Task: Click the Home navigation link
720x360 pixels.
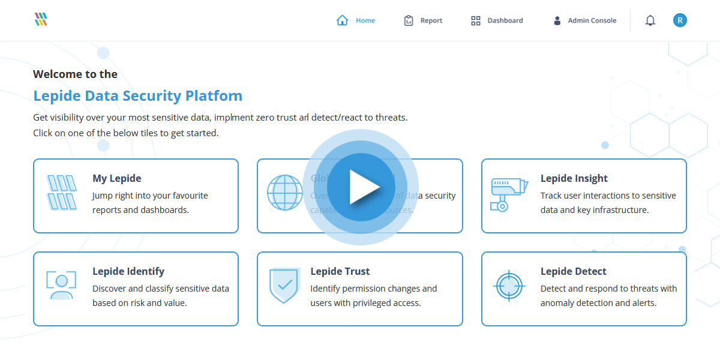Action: [365, 20]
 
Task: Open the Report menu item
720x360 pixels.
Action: [431, 20]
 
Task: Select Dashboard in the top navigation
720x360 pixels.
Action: [505, 20]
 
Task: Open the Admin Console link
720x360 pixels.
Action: [592, 20]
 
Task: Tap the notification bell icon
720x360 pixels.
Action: [650, 20]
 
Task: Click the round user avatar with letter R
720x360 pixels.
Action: [680, 20]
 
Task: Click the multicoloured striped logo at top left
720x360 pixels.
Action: [41, 19]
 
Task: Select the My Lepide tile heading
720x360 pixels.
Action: [117, 178]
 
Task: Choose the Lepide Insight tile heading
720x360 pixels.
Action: [574, 178]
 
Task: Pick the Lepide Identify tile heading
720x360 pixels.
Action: [128, 271]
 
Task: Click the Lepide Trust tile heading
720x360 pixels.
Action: [340, 271]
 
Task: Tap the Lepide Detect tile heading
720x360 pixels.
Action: [573, 271]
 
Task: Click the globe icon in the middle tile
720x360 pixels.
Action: [285, 193]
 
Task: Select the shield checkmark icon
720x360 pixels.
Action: [284, 286]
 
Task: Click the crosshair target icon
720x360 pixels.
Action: [509, 286]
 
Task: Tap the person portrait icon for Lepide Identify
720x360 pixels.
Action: [61, 285]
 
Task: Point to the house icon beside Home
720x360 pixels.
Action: [343, 20]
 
